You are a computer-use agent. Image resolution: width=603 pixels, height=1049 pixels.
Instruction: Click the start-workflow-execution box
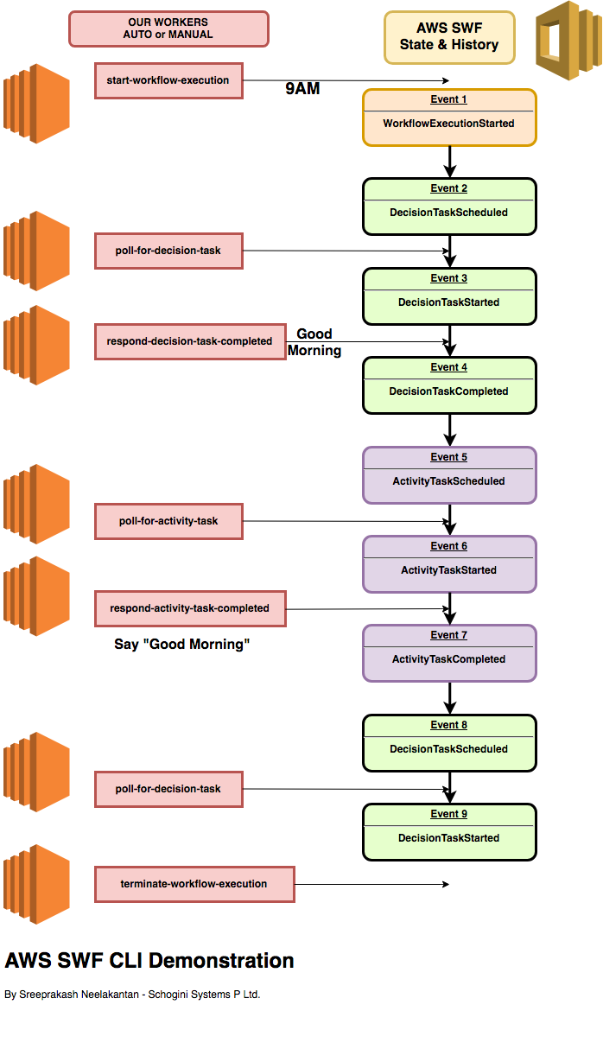click(168, 80)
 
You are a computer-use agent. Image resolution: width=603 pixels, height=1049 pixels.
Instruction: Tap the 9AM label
click(302, 88)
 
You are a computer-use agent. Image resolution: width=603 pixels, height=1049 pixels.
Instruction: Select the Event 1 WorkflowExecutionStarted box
click(449, 117)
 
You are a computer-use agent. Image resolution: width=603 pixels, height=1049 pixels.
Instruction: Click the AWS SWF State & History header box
click(449, 37)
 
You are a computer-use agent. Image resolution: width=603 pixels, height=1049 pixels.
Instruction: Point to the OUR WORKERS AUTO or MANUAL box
click(168, 29)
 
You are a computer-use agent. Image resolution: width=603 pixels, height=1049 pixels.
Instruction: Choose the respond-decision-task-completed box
click(190, 341)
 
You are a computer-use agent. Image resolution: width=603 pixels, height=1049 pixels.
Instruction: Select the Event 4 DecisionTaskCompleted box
click(449, 385)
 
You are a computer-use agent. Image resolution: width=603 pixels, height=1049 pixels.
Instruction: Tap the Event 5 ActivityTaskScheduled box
click(449, 474)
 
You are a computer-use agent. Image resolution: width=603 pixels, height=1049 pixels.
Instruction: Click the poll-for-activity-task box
click(168, 521)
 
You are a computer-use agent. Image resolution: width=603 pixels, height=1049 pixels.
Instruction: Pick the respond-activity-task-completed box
click(190, 608)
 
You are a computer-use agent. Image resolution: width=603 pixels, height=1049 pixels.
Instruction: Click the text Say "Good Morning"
click(181, 645)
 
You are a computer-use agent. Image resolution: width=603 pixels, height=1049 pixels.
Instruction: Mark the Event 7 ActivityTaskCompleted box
click(449, 652)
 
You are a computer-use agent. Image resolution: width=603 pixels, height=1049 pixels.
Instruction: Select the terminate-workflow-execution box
click(194, 884)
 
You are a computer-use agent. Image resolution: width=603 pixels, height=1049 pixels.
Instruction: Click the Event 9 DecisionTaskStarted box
click(449, 831)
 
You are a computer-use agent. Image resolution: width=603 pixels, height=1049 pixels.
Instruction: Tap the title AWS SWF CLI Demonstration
click(149, 961)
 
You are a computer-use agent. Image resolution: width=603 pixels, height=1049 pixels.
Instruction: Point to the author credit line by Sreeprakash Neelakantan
click(132, 995)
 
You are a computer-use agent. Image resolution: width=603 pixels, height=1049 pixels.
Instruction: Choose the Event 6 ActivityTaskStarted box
click(449, 563)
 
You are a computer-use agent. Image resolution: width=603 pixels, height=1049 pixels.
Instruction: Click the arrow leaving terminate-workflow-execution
click(371, 884)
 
